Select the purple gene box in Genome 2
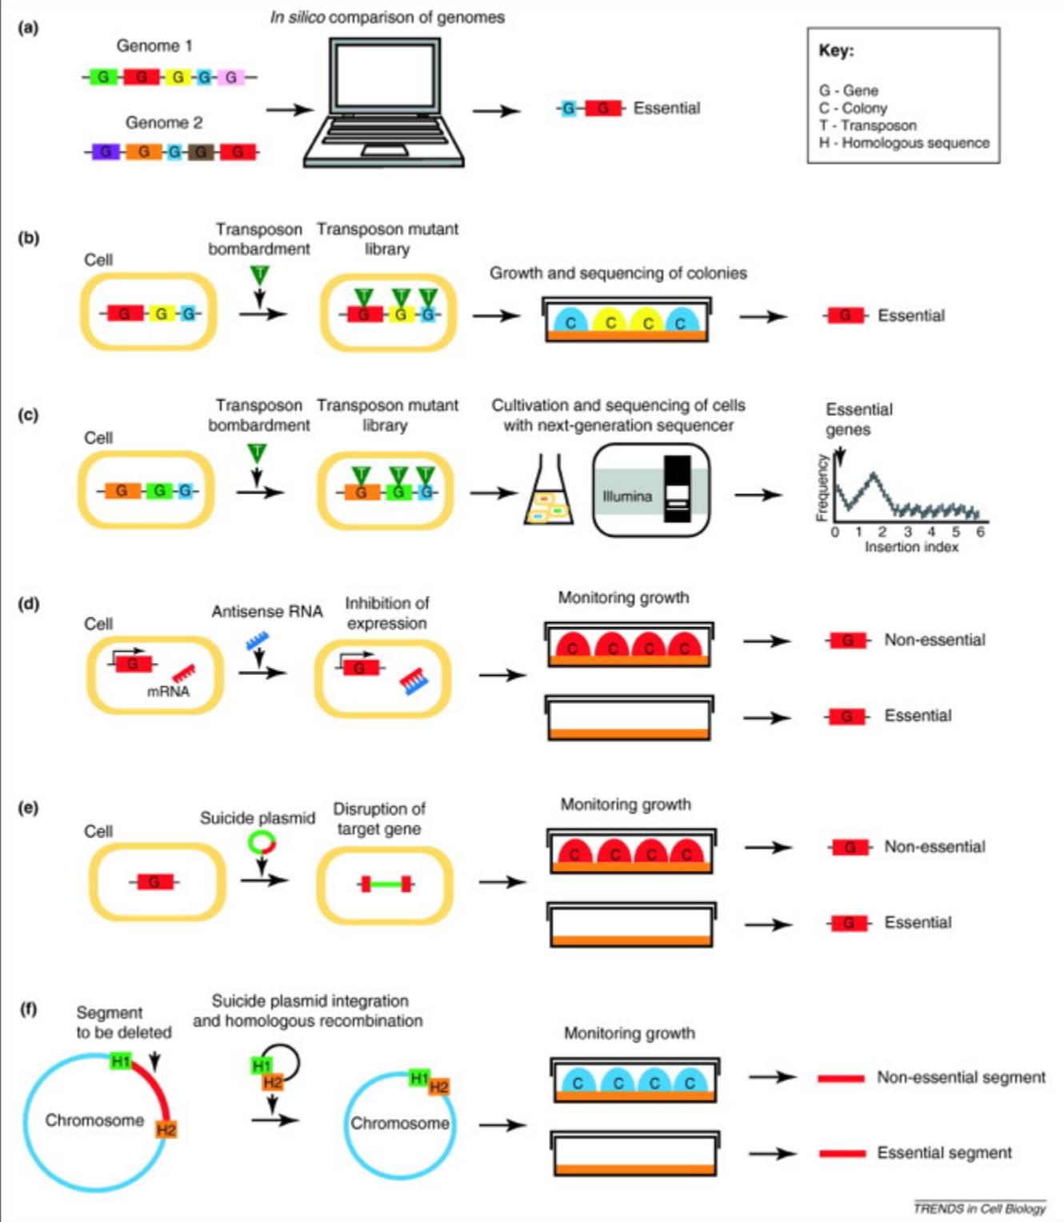pyautogui.click(x=105, y=151)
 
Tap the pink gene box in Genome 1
pyautogui.click(x=231, y=78)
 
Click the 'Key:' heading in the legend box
pyautogui.click(x=836, y=51)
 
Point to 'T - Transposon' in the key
pyautogui.click(x=867, y=126)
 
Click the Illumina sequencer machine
pyautogui.click(x=651, y=491)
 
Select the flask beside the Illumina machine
pyautogui.click(x=546, y=494)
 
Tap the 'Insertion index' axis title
pyautogui.click(x=911, y=547)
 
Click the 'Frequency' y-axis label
pyautogui.click(x=822, y=487)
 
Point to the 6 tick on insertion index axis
pyautogui.click(x=981, y=532)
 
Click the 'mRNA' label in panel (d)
pyautogui.click(x=168, y=692)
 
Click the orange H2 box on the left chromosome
pyautogui.click(x=166, y=1129)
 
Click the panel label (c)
pyautogui.click(x=29, y=415)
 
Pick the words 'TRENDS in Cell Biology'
pyautogui.click(x=979, y=1208)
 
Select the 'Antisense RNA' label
pyautogui.click(x=267, y=612)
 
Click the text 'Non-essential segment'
pyautogui.click(x=961, y=1077)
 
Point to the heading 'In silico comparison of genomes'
pyautogui.click(x=387, y=18)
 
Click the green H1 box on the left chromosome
pyautogui.click(x=121, y=1062)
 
